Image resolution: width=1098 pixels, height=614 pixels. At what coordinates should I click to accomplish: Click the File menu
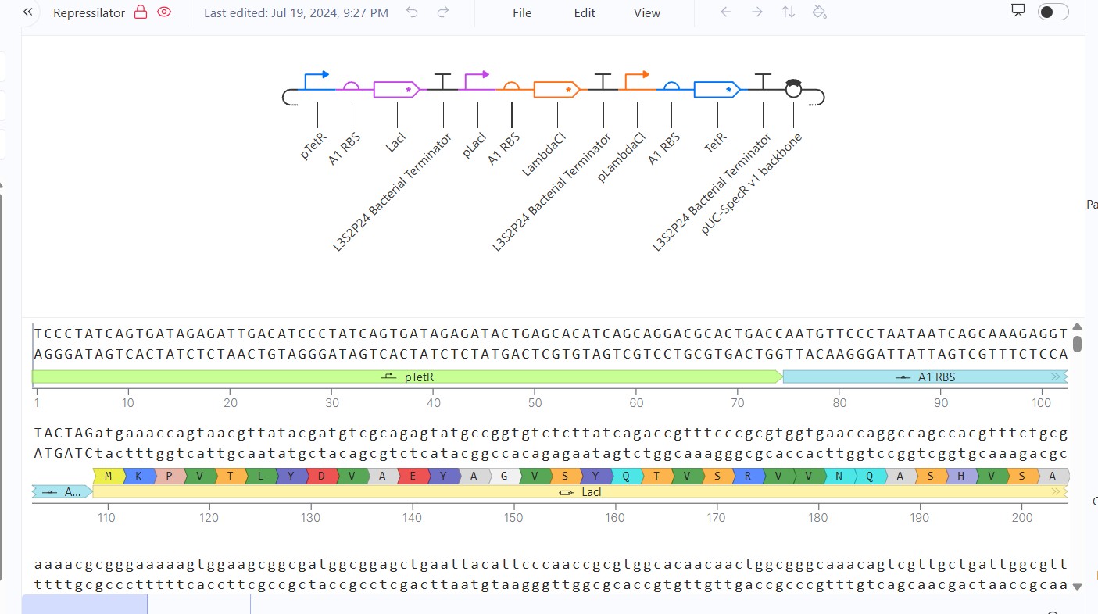(521, 13)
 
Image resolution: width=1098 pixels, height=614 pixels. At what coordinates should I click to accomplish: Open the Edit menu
(585, 13)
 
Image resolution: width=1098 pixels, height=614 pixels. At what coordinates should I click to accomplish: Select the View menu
(646, 13)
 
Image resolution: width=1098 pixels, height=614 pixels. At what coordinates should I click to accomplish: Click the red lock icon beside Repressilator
(141, 12)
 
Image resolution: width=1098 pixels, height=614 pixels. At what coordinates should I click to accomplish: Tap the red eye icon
(164, 12)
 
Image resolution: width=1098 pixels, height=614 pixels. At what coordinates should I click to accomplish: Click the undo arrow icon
(412, 12)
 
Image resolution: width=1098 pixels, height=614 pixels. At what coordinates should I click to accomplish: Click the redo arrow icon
(443, 12)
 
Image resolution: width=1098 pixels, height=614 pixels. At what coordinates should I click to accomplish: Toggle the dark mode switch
(1053, 12)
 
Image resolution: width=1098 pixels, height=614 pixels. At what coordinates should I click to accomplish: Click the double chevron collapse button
(28, 12)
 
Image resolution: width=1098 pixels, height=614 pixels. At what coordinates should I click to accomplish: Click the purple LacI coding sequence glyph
(396, 90)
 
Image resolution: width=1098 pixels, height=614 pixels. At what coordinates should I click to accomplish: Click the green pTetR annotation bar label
(419, 377)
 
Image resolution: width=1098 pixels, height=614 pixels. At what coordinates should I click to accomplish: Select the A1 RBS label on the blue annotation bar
(936, 377)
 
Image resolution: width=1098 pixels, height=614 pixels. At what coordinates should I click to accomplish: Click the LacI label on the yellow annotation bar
(591, 492)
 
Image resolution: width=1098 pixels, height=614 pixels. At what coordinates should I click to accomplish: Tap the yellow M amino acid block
(109, 476)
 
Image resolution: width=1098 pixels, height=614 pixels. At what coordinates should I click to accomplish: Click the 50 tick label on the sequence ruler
(535, 403)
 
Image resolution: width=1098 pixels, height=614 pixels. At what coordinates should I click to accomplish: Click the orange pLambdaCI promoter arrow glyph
(637, 81)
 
